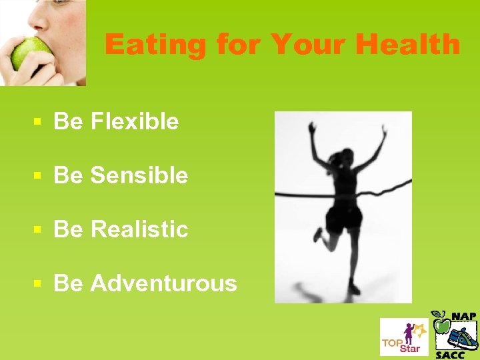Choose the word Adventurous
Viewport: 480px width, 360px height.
(x=163, y=283)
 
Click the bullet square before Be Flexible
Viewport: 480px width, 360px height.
(x=39, y=122)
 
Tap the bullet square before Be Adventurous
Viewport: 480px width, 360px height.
(x=39, y=284)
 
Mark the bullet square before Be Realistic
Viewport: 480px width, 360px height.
(x=39, y=230)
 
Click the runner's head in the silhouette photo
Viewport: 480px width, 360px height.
(x=345, y=157)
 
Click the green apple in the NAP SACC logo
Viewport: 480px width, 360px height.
(x=441, y=325)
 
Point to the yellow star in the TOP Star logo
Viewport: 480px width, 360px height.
(x=419, y=328)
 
